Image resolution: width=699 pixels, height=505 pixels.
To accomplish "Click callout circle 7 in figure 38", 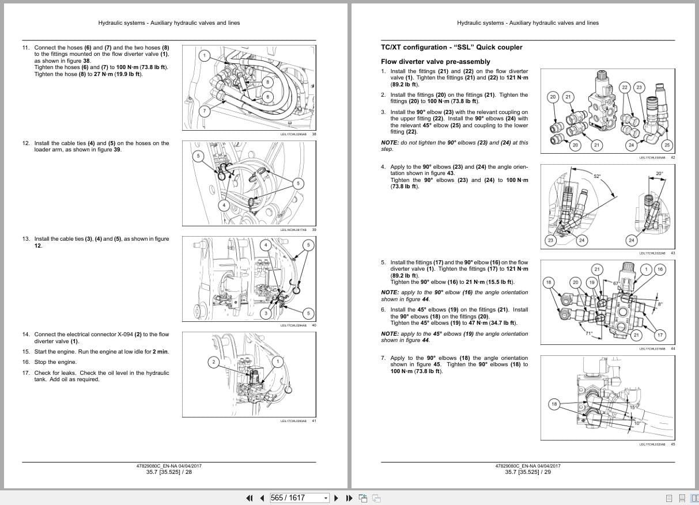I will [x=204, y=110].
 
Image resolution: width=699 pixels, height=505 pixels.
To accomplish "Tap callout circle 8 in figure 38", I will [x=267, y=82].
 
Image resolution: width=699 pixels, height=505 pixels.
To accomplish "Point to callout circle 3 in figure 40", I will [x=266, y=313].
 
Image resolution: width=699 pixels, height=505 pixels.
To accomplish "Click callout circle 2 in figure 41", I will [x=213, y=362].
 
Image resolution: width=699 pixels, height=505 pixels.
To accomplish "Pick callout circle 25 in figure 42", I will [x=667, y=145].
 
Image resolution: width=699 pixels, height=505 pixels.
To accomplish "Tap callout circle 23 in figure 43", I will [x=550, y=240].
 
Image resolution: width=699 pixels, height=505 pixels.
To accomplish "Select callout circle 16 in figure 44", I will [x=660, y=269].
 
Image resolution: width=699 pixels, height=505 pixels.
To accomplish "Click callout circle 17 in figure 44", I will [x=660, y=335].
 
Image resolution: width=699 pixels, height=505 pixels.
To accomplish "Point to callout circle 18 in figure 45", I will [x=554, y=404].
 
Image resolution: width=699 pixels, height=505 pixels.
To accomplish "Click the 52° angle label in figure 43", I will [x=597, y=176].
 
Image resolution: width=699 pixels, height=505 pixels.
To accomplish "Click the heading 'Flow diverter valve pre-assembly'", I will [x=435, y=62].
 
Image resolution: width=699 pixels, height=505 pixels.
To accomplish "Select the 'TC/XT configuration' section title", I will [x=452, y=47].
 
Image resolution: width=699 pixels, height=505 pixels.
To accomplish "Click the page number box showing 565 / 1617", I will [x=298, y=498].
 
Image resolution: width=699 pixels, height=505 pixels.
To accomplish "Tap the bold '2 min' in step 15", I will [x=160, y=352].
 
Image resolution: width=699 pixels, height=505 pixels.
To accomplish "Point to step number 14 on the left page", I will [x=26, y=334].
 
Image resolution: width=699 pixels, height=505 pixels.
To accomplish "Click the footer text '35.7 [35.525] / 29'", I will [x=527, y=472].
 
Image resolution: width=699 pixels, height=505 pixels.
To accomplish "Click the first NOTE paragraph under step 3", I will [x=454, y=146].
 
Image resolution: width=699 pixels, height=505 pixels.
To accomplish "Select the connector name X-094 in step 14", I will [x=129, y=334].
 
